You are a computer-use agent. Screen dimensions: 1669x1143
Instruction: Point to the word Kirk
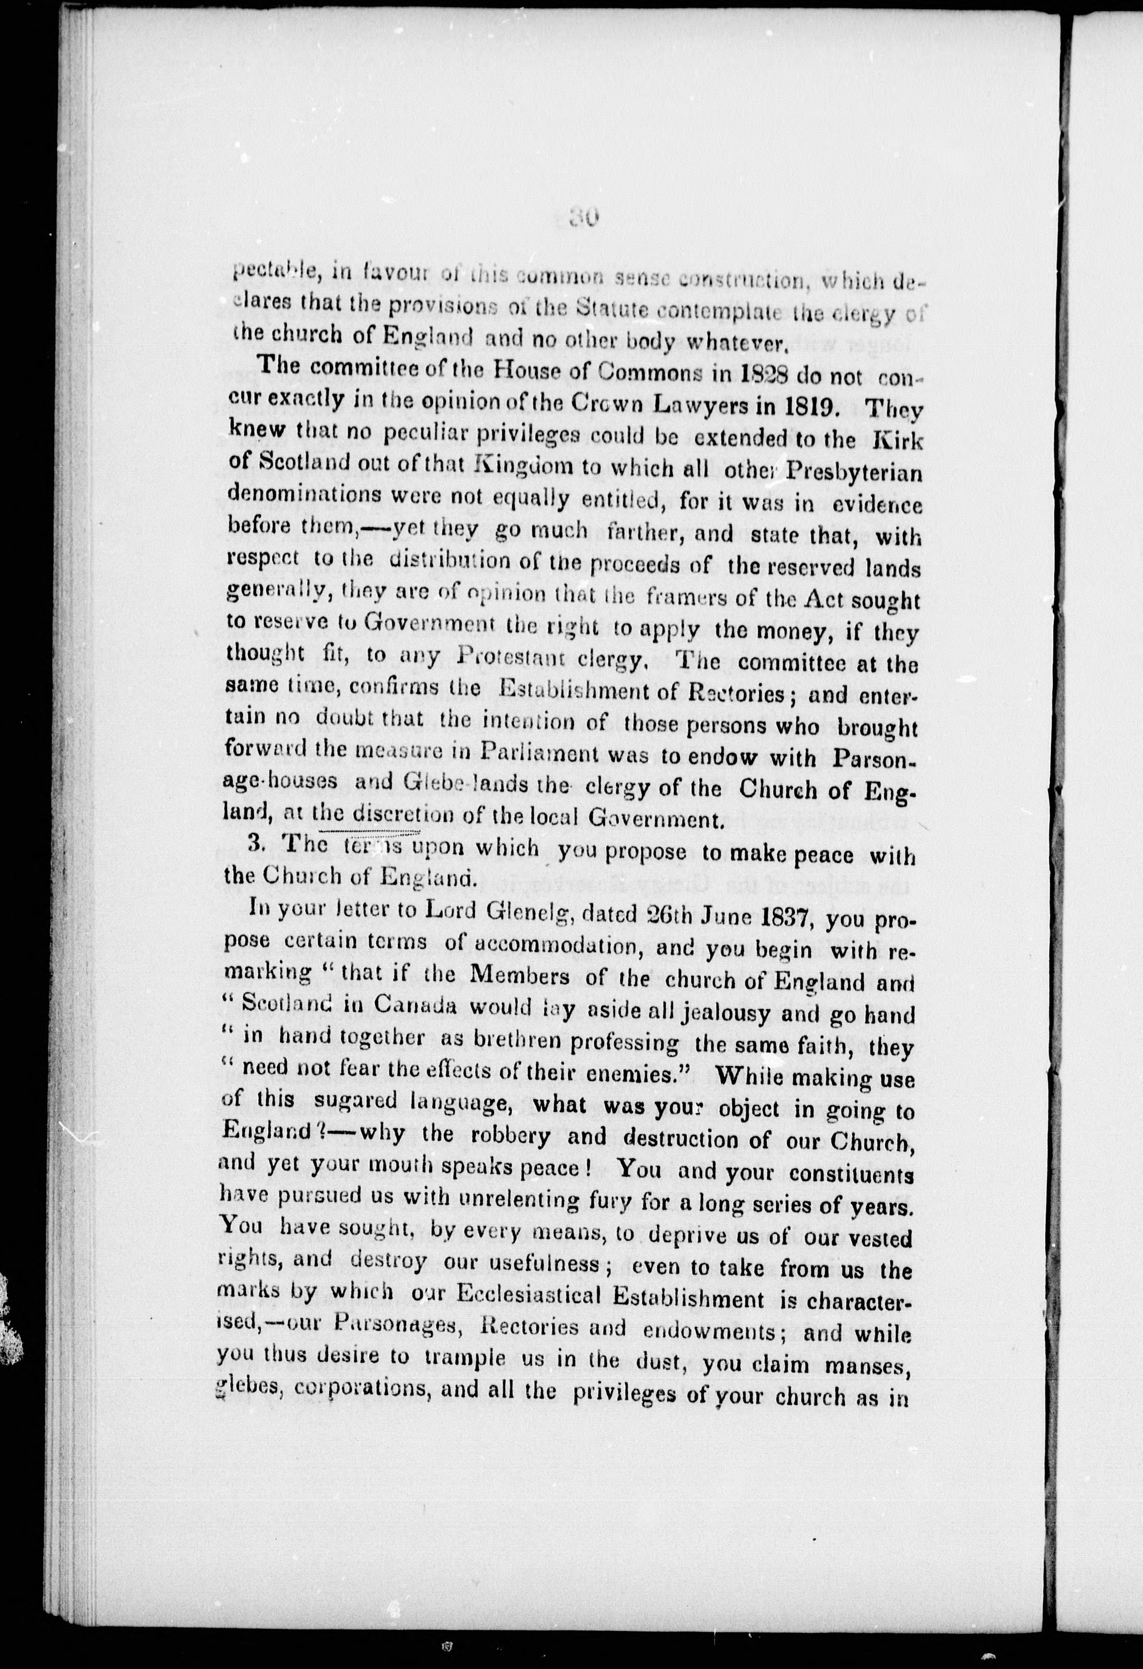coord(893,441)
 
